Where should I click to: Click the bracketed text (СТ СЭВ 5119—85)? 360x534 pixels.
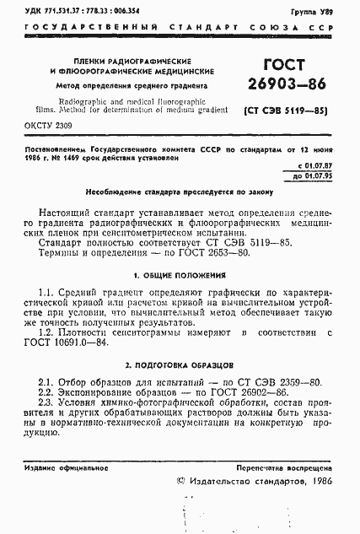(x=284, y=110)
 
